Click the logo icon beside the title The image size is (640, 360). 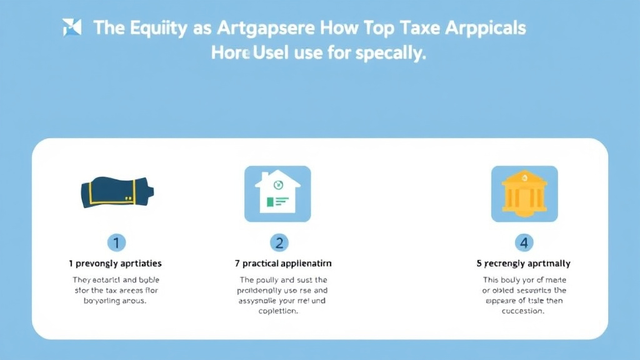click(x=72, y=27)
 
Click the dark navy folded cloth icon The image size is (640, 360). click(x=117, y=192)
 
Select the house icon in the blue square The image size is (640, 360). click(x=277, y=193)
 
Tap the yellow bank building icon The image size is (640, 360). click(x=524, y=194)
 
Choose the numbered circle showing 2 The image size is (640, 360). click(x=279, y=242)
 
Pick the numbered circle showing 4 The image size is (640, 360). click(x=523, y=242)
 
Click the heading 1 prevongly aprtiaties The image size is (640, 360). click(x=115, y=264)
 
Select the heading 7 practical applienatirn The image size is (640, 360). click(x=279, y=264)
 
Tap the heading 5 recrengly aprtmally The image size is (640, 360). click(x=523, y=264)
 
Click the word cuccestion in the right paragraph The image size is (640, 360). click(x=524, y=311)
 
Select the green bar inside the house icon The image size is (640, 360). click(x=270, y=202)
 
